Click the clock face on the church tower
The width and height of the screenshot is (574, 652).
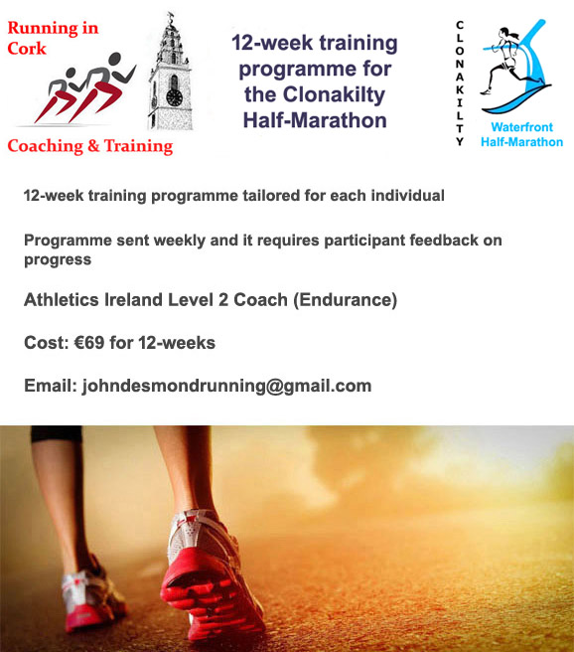174,97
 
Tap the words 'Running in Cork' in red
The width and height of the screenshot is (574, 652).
53,38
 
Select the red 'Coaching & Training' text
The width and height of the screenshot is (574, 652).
90,146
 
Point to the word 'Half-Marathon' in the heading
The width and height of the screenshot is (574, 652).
315,120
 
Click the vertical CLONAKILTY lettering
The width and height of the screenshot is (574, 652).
460,83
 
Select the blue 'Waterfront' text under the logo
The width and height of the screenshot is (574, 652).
521,127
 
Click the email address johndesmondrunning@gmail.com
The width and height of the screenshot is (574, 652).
226,386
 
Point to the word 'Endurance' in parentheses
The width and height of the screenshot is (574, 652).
346,300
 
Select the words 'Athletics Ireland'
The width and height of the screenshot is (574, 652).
93,300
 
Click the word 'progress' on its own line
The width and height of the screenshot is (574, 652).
58,259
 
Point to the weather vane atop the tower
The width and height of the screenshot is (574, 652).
171,17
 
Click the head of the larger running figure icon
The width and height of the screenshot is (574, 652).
115,59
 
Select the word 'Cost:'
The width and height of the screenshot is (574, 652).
46,343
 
